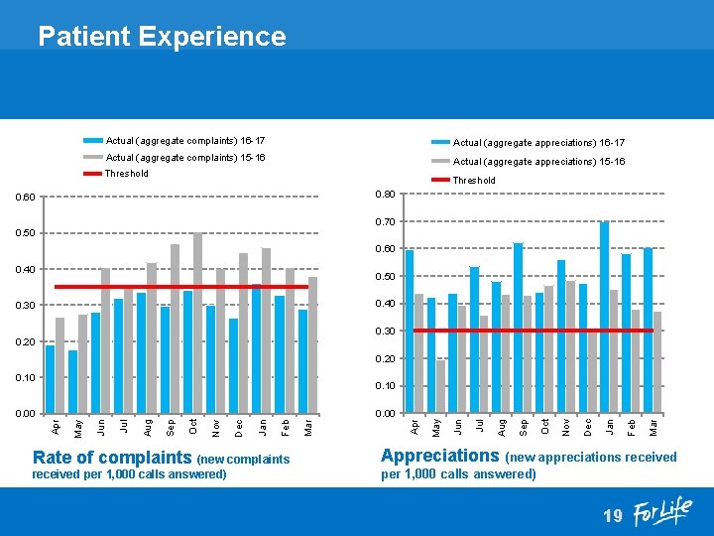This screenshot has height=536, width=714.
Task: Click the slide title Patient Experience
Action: pos(162,37)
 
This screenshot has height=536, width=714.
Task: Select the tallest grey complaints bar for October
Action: pos(198,323)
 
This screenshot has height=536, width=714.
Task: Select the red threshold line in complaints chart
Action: pos(178,287)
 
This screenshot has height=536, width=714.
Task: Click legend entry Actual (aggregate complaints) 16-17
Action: pos(184,141)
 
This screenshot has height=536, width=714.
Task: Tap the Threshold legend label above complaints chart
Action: pos(127,174)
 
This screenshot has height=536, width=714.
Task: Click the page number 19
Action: pos(612,516)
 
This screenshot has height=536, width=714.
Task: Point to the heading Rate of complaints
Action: pos(112,458)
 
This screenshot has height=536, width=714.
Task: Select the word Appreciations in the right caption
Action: pos(440,456)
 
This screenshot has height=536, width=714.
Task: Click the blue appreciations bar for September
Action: pos(518,328)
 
